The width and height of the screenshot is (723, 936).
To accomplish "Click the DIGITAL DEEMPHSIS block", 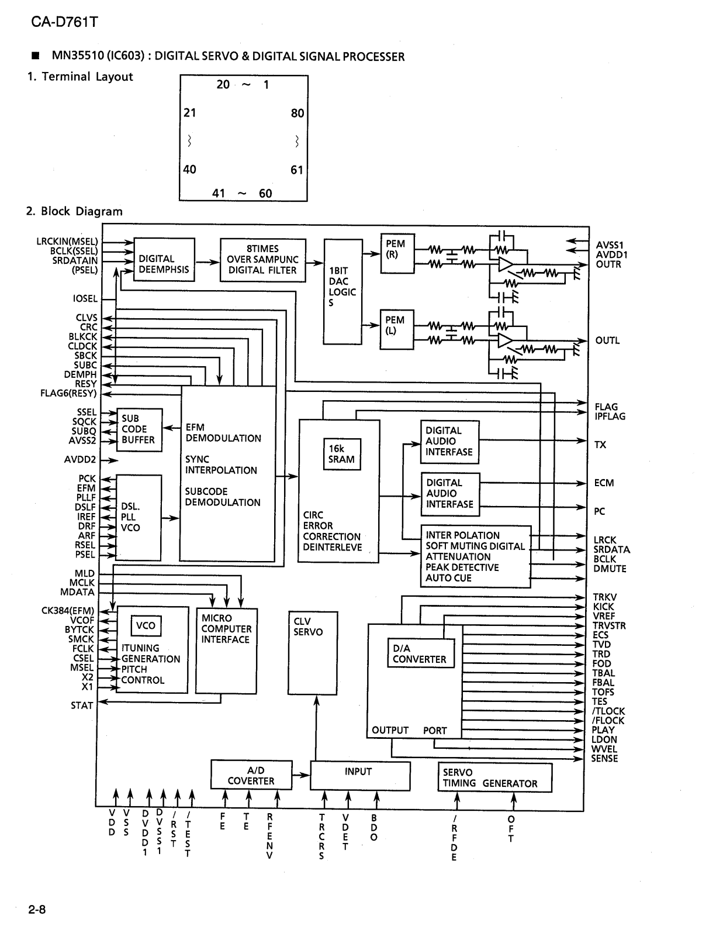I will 164,260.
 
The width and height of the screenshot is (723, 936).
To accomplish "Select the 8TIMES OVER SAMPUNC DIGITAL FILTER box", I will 262,260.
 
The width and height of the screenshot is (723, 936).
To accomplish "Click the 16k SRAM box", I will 341,454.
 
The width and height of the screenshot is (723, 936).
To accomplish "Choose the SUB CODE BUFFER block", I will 139,429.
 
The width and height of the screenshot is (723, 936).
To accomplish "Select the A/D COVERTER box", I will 251,776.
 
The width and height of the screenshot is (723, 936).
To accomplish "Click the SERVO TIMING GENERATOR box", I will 494,778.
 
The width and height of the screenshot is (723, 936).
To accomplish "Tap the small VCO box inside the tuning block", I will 146,625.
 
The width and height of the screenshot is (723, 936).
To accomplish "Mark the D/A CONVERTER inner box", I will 419,654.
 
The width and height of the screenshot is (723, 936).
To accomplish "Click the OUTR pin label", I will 608,264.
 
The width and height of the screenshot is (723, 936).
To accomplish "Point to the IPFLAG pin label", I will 610,417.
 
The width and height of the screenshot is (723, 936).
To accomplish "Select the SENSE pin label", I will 604,759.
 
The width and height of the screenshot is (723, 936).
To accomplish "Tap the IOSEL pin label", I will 85,299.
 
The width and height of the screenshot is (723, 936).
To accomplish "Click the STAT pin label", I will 82,706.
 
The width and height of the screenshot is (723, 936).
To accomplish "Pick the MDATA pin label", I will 77,592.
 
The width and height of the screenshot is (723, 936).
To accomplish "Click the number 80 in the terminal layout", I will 297,113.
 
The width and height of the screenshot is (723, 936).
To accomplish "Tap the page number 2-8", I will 36,910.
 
